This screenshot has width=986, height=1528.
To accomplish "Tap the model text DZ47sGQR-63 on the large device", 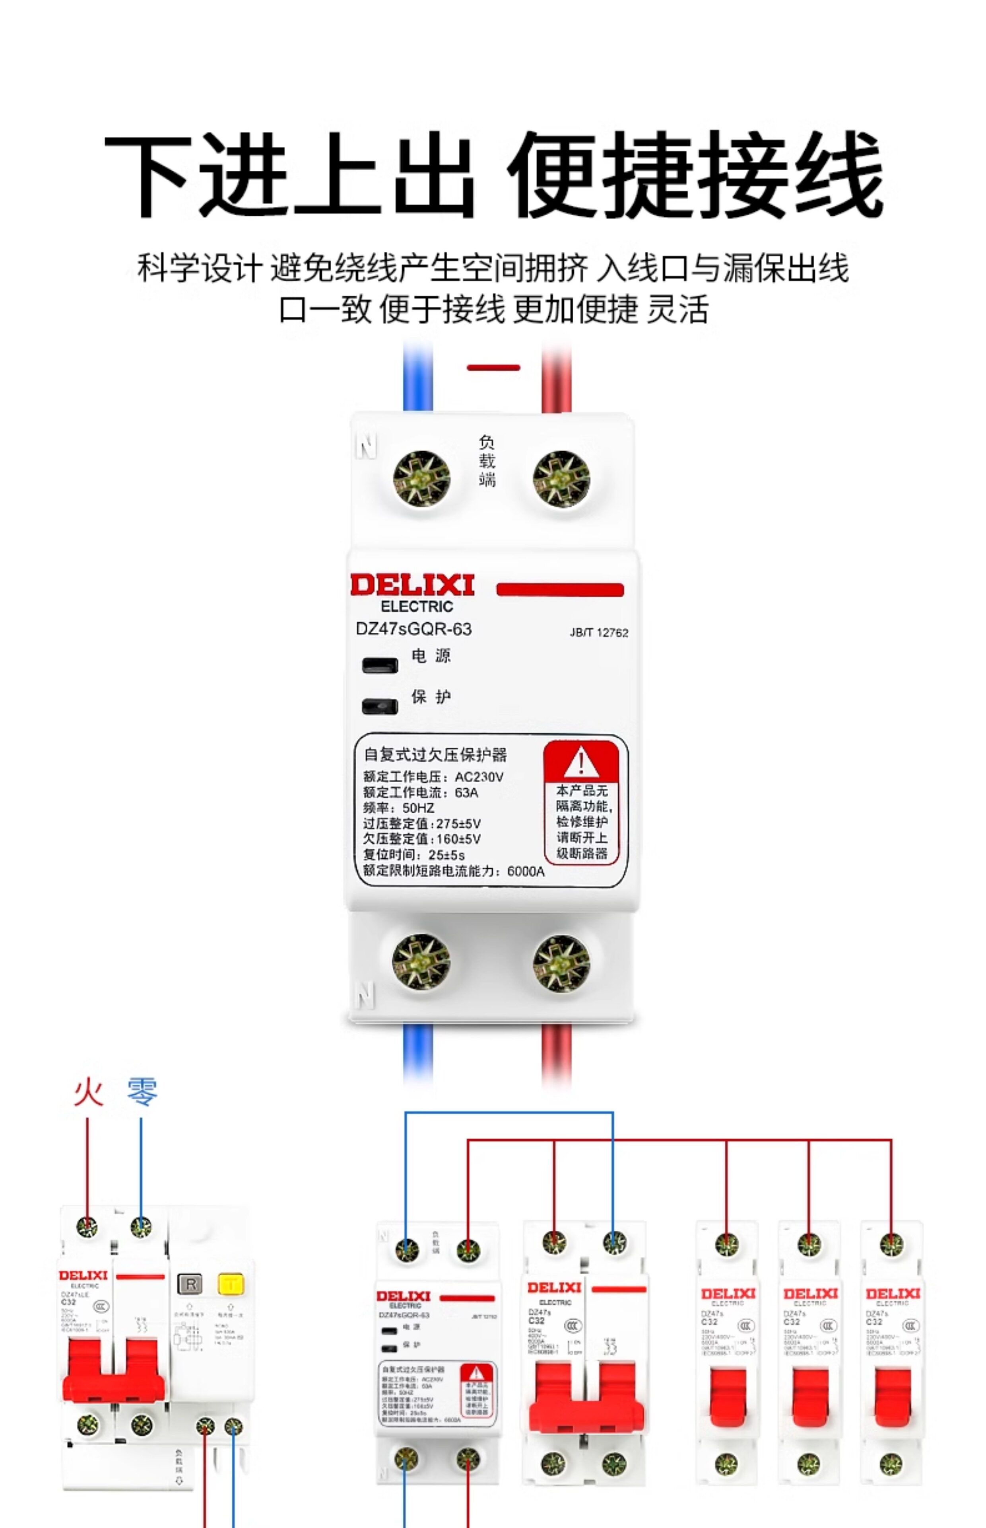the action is (x=413, y=629).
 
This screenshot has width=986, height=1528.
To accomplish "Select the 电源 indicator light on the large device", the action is (x=380, y=665).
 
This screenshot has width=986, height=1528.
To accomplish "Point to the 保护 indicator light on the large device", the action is (x=380, y=706).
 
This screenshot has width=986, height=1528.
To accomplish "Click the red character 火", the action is (x=88, y=1091).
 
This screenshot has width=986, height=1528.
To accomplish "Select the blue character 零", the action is (x=142, y=1091).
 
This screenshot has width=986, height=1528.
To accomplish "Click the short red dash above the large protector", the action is (x=493, y=368).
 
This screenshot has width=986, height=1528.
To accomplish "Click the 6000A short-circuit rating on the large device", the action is (x=526, y=871).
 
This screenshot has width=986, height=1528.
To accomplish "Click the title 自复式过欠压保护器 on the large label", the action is (x=435, y=755).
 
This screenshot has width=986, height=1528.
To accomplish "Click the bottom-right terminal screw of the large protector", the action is (x=561, y=961).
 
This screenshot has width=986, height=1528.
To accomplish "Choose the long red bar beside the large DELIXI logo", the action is (x=559, y=589).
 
